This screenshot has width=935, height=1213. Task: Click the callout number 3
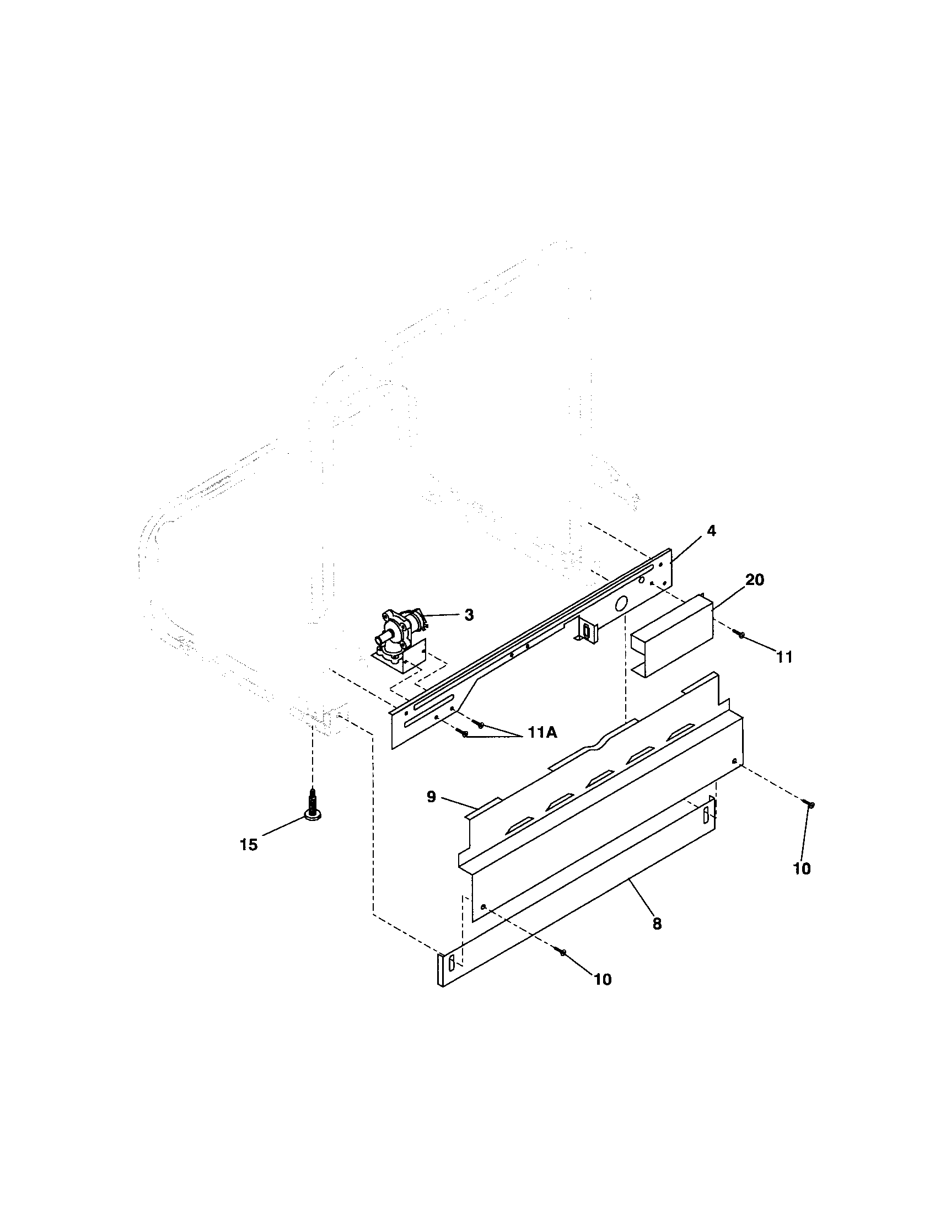(469, 615)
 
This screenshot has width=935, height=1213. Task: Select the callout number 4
(711, 531)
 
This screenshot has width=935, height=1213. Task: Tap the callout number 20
(755, 580)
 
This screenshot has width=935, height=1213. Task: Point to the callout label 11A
(542, 733)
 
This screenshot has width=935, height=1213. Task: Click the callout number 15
(249, 845)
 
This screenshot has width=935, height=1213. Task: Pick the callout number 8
(657, 924)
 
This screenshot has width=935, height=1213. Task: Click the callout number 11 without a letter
(784, 657)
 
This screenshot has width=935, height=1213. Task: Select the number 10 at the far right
(802, 868)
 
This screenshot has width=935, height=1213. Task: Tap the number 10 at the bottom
(603, 979)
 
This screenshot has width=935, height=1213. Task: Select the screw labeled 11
(740, 635)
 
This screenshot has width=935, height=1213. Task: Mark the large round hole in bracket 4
(622, 602)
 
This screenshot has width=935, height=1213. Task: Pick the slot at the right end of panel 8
(706, 816)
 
